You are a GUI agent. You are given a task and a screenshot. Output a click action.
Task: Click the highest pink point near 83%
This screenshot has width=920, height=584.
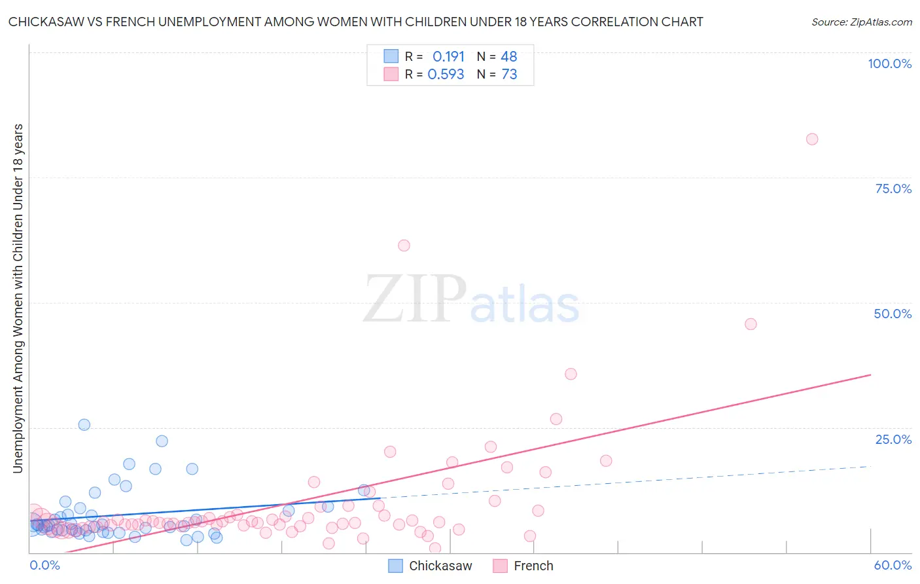tap(812, 139)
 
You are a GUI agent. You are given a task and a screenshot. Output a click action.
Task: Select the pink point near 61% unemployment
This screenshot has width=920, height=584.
tap(404, 246)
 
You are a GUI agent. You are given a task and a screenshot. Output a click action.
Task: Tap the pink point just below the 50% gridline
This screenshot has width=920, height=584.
tap(751, 324)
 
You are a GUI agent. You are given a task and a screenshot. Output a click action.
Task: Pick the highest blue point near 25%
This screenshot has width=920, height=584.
tap(84, 424)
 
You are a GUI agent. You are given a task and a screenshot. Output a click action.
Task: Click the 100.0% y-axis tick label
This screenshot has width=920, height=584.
tap(889, 64)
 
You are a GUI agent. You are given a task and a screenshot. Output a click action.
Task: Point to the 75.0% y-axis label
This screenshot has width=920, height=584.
tap(893, 189)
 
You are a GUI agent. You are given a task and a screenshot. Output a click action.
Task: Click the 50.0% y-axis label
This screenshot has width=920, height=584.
tap(893, 314)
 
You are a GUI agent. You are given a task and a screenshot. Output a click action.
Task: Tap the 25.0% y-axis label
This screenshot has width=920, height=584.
tap(893, 439)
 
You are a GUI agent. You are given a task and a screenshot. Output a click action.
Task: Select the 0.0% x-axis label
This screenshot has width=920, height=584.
tap(45, 565)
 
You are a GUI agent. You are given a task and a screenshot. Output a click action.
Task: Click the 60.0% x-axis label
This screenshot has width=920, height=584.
tap(893, 565)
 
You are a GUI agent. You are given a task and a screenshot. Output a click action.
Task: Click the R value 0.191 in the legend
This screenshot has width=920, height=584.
tap(448, 56)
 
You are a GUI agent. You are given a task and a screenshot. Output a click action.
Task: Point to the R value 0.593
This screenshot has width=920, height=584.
tap(446, 75)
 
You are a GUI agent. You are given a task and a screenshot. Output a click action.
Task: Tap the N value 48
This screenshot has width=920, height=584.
tap(508, 56)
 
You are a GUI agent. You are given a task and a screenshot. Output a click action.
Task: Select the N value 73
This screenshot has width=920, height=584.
tap(509, 75)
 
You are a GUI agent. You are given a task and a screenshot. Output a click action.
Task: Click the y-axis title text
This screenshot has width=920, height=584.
tap(18, 298)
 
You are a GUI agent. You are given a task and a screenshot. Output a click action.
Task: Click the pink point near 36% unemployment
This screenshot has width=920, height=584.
tap(571, 374)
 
